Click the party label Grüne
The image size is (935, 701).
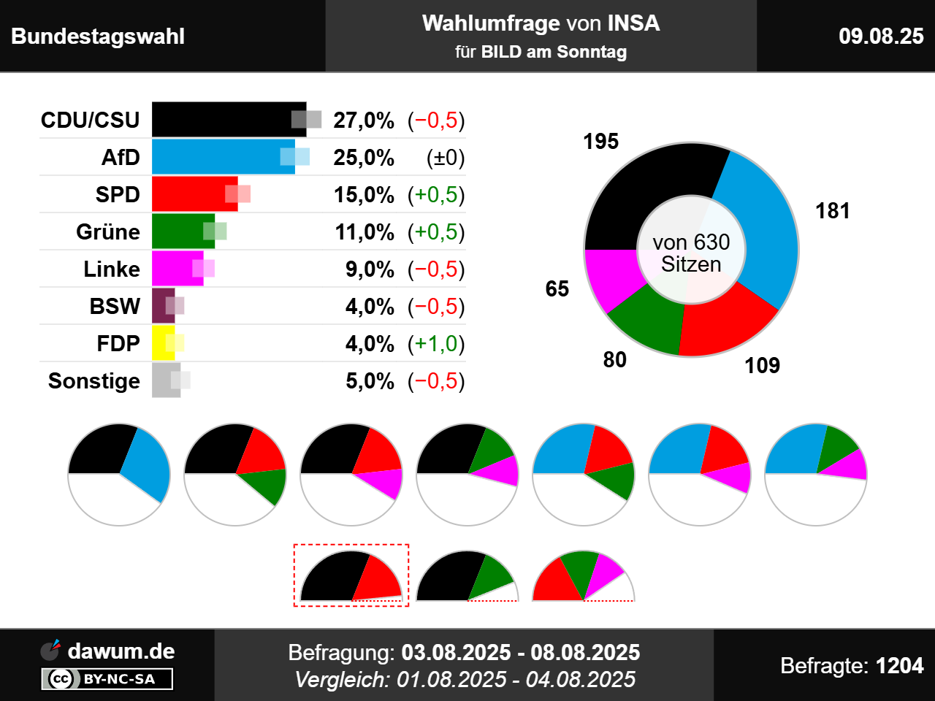click(x=108, y=232)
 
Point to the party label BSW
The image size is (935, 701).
click(x=115, y=307)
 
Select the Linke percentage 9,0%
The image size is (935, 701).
click(x=370, y=269)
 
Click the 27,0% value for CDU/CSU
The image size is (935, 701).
click(x=364, y=120)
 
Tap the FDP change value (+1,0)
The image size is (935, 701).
click(x=436, y=344)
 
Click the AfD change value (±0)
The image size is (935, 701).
click(x=446, y=158)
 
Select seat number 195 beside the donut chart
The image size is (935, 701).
click(x=600, y=141)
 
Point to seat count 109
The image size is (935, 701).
click(x=762, y=365)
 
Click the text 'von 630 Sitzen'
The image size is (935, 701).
click(x=691, y=253)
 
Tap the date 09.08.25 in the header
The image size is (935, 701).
click(x=881, y=37)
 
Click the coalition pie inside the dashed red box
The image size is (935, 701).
click(x=351, y=577)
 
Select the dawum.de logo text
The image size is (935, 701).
click(x=121, y=651)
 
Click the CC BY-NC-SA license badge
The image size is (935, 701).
click(x=107, y=679)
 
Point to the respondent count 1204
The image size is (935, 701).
click(x=899, y=666)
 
